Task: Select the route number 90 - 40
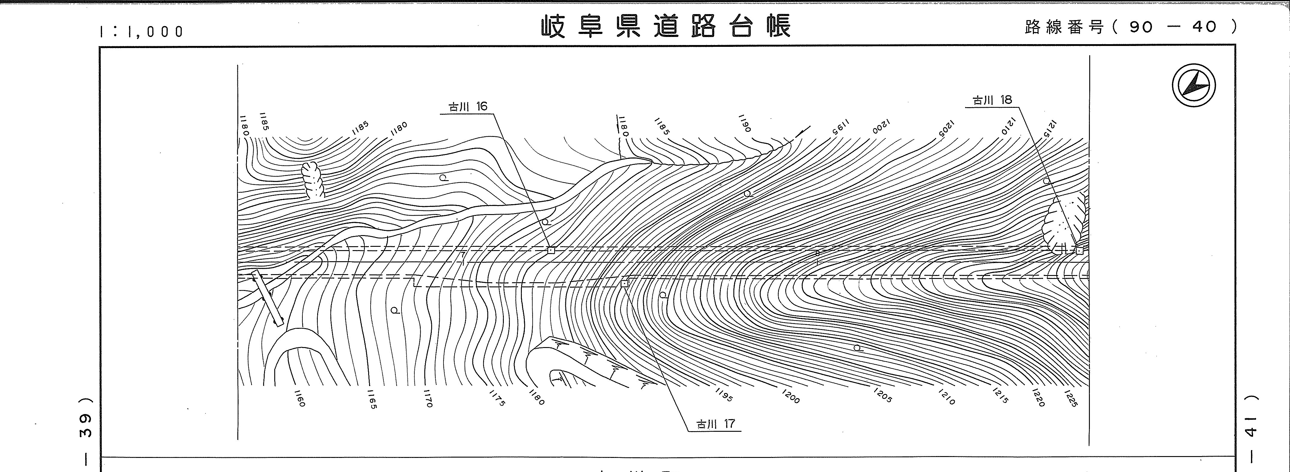[1172, 27]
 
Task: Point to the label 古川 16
[467, 106]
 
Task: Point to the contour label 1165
[372, 399]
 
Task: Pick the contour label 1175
[497, 398]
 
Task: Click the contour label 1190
[745, 123]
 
